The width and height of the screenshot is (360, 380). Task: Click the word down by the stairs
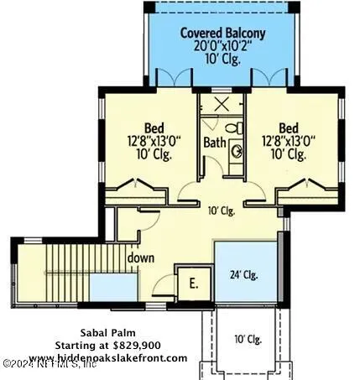point(141,258)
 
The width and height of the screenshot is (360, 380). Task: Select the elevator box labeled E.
point(193,283)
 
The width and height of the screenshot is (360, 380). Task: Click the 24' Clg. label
point(244,274)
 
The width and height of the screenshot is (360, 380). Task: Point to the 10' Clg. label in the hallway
point(221,211)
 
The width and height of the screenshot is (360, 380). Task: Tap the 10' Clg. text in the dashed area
point(248,339)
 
